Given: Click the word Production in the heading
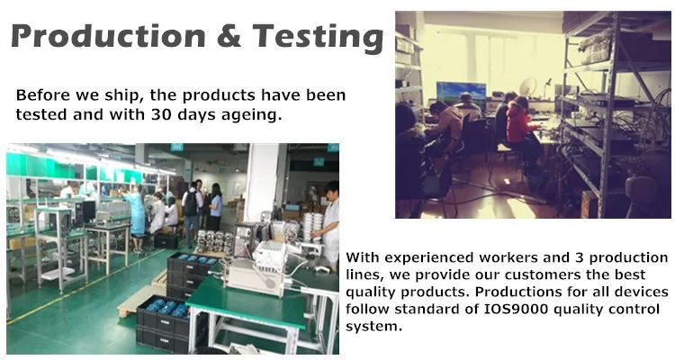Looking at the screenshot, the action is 109,36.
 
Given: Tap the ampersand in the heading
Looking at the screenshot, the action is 229,36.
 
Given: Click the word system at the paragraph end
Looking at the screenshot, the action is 373,327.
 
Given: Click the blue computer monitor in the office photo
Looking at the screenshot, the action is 461,92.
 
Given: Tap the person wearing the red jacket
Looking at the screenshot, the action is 519,125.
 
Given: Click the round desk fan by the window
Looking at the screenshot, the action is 527,87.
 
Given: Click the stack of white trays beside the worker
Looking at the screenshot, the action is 312,227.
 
